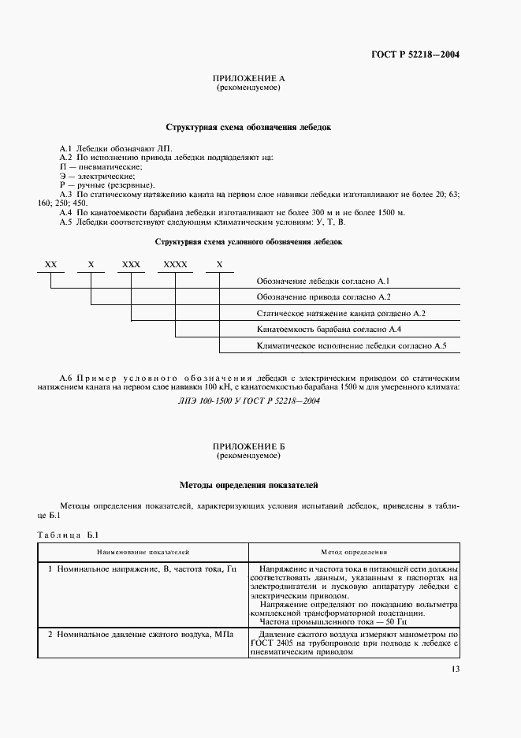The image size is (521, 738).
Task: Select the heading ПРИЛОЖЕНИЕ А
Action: pos(248,80)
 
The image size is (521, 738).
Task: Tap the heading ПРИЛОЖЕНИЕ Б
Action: pos(248,447)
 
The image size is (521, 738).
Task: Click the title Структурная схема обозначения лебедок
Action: pos(248,126)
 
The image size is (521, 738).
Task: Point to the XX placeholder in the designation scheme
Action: pos(51,265)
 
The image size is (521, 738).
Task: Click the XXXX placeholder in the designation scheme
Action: pos(175,265)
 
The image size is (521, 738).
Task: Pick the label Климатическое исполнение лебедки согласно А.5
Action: pos(352,345)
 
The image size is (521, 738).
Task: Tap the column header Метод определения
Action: pos(354,553)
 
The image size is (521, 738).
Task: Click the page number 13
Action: pos(455,669)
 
